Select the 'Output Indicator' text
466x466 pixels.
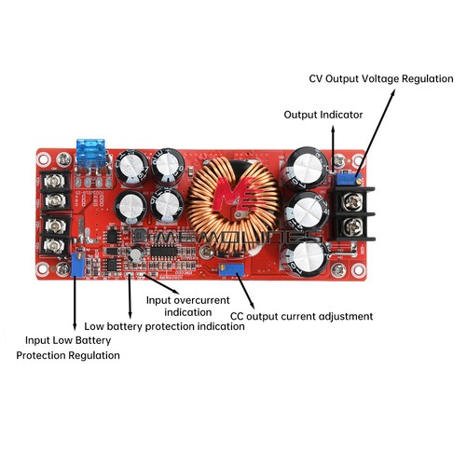[323, 114]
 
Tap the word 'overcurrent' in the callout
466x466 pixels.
[218, 299]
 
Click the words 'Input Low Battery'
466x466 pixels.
[67, 340]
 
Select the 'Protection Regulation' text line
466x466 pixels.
[68, 355]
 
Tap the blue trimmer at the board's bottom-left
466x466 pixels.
[77, 261]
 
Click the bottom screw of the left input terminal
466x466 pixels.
[52, 245]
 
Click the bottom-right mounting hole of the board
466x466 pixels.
[357, 271]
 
